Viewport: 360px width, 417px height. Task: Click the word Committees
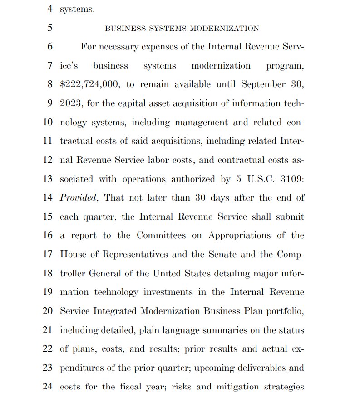(x=161, y=235)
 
